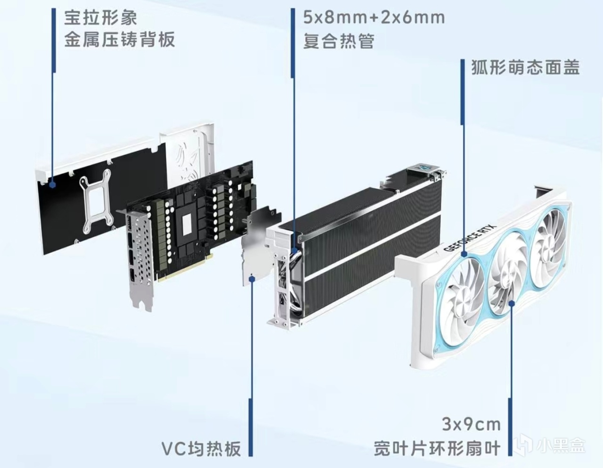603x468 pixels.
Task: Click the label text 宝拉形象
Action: [x=100, y=18]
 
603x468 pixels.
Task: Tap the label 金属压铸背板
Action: [x=120, y=40]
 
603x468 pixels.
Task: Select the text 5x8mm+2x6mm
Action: [x=374, y=17]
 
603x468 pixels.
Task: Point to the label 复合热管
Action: [x=339, y=41]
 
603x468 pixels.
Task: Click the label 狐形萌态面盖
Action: [x=526, y=67]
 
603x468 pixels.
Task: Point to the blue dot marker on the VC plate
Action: [x=252, y=278]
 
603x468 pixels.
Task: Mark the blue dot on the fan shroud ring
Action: [x=463, y=253]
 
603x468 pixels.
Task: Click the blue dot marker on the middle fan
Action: [x=512, y=304]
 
